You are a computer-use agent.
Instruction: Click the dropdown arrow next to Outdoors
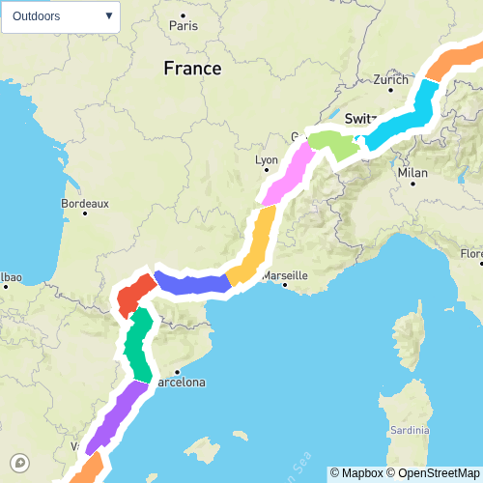click(x=108, y=16)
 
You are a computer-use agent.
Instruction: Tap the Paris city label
click(x=184, y=26)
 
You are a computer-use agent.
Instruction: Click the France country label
click(x=192, y=69)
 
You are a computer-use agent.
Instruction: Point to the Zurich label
click(x=391, y=80)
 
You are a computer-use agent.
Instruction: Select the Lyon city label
click(x=266, y=160)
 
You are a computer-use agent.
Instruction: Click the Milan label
click(x=412, y=173)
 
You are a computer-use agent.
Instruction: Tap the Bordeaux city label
click(x=85, y=204)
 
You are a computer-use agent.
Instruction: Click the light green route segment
click(x=333, y=145)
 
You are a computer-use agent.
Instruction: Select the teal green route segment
click(x=139, y=346)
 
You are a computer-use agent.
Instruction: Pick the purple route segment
click(x=116, y=415)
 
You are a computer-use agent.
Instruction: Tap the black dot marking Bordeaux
click(x=85, y=213)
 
